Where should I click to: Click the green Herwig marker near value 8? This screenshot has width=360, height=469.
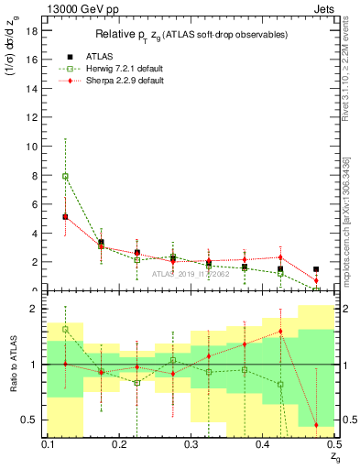65,176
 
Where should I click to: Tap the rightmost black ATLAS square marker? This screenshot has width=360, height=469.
316,269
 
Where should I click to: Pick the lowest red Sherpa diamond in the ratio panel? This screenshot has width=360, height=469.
316,425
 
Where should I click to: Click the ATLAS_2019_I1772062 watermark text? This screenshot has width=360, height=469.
190,273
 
